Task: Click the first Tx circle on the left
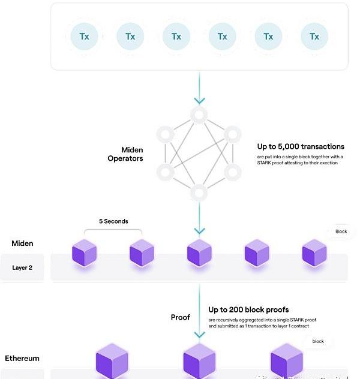tap(84, 37)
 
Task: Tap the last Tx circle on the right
tap(314, 37)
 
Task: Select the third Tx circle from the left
tap(176, 37)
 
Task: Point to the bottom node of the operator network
tap(199, 192)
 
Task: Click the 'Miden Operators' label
tap(125, 154)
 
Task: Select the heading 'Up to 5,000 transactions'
tap(301, 146)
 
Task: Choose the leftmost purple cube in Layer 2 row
tap(84, 252)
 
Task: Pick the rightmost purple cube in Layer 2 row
tap(314, 252)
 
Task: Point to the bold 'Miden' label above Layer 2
tap(22, 243)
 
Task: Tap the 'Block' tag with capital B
tap(341, 231)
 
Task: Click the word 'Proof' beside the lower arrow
tap(181, 317)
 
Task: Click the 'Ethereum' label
tap(22, 359)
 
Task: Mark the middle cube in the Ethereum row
tap(199, 362)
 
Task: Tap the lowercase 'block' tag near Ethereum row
tap(318, 341)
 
